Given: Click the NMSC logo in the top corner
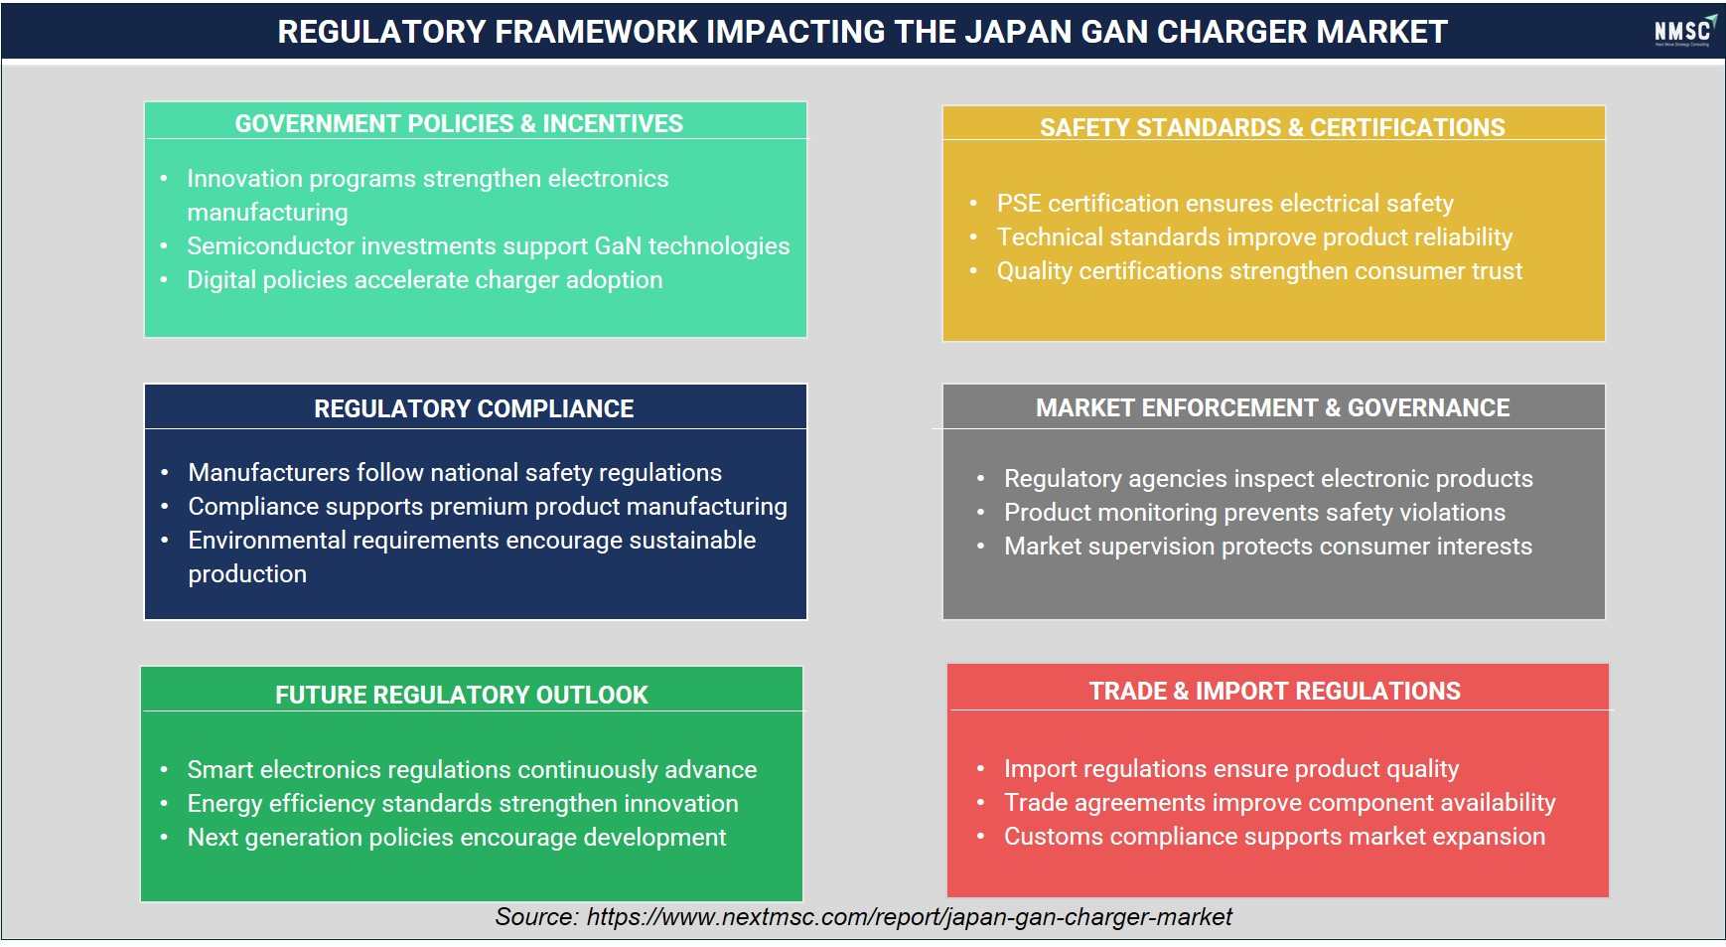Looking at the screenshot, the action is [x=1684, y=31].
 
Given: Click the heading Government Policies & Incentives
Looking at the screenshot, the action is [x=459, y=123].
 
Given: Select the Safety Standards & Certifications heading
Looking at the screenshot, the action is [x=1272, y=127].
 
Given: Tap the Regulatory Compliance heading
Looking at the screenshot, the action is [x=474, y=408].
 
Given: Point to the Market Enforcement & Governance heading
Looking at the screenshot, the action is [x=1272, y=407].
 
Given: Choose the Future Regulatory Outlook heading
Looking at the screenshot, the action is [x=462, y=695].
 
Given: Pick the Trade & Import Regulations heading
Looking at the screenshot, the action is [x=1275, y=691].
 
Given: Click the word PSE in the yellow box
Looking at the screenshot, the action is [x=1019, y=204].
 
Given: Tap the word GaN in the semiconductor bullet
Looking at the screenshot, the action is [x=618, y=246].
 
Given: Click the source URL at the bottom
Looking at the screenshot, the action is [x=909, y=916].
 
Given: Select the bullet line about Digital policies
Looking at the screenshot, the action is [x=425, y=280].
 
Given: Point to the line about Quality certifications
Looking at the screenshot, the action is [x=1259, y=271].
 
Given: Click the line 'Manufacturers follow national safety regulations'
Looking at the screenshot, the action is [x=455, y=472].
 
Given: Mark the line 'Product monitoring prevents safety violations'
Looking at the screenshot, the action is [x=1254, y=513].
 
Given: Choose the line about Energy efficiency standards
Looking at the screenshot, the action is [x=463, y=803].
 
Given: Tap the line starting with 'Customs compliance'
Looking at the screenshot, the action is [x=1274, y=837].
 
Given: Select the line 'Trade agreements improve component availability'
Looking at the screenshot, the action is [x=1279, y=803].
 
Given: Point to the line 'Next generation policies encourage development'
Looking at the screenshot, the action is [x=457, y=838].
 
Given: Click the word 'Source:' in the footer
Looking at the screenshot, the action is [x=536, y=916].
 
